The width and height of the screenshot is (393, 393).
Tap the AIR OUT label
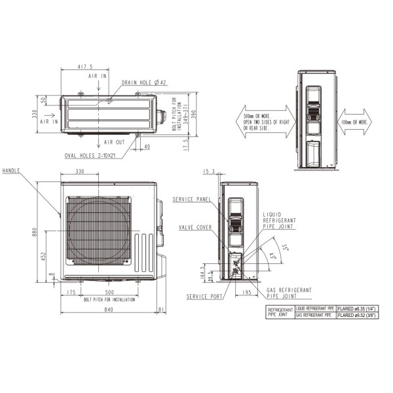(x=115, y=142)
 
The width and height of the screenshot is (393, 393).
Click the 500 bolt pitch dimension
(x=109, y=292)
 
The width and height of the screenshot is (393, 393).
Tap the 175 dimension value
(x=71, y=292)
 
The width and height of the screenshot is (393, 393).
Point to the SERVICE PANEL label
(x=191, y=198)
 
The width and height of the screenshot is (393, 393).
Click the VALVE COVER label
(x=194, y=227)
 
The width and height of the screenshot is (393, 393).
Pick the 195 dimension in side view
(x=246, y=292)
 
